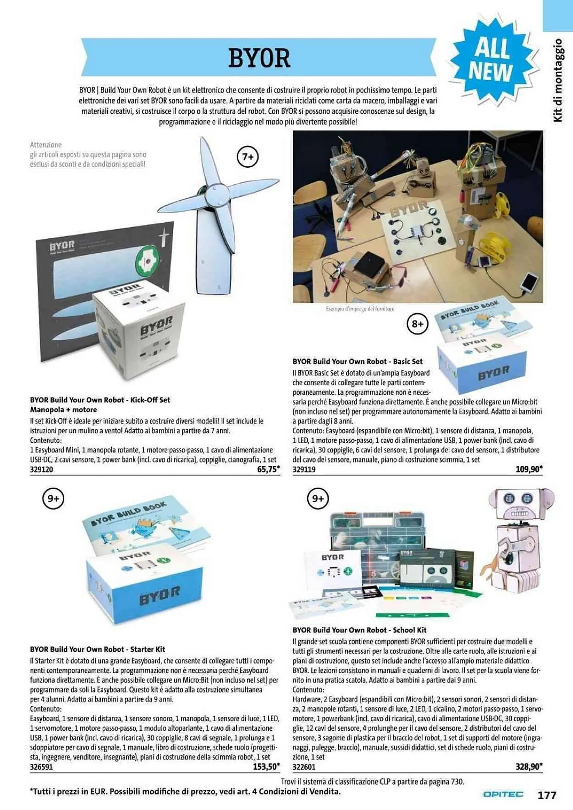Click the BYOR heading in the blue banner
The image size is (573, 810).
coord(259,58)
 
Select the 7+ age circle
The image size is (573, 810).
coord(247,157)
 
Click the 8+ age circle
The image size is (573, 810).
coord(417,324)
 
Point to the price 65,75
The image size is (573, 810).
coord(268,469)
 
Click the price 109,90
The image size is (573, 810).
coord(528,469)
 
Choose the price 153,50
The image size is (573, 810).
coord(266,767)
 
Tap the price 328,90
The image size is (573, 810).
coord(528,767)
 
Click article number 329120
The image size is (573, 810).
coord(41,470)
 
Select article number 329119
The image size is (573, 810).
coord(304,470)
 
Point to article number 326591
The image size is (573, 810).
coord(41,767)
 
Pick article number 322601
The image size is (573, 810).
coord(304,767)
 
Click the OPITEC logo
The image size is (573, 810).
coord(503,795)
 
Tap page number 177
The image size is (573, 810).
coord(547,795)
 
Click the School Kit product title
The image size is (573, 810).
coord(359,630)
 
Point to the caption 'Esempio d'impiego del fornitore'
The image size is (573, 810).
coord(360,309)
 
